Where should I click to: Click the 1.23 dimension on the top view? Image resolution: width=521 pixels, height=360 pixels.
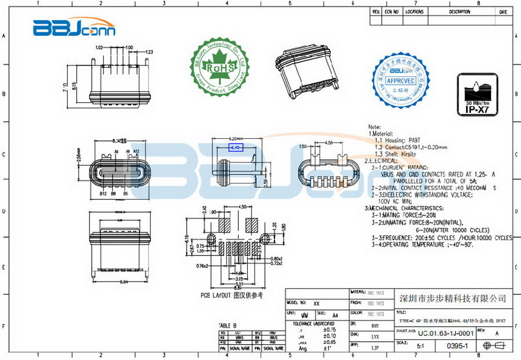pos(149,51)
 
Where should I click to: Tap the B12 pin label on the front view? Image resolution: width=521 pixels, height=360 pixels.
pos(103,194)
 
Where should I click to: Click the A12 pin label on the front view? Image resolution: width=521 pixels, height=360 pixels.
pos(137,151)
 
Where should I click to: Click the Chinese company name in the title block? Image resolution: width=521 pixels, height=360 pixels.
pos(452,298)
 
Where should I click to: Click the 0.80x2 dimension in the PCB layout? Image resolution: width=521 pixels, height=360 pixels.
pos(275,259)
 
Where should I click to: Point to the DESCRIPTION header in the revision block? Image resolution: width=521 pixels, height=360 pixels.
pos(459,12)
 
